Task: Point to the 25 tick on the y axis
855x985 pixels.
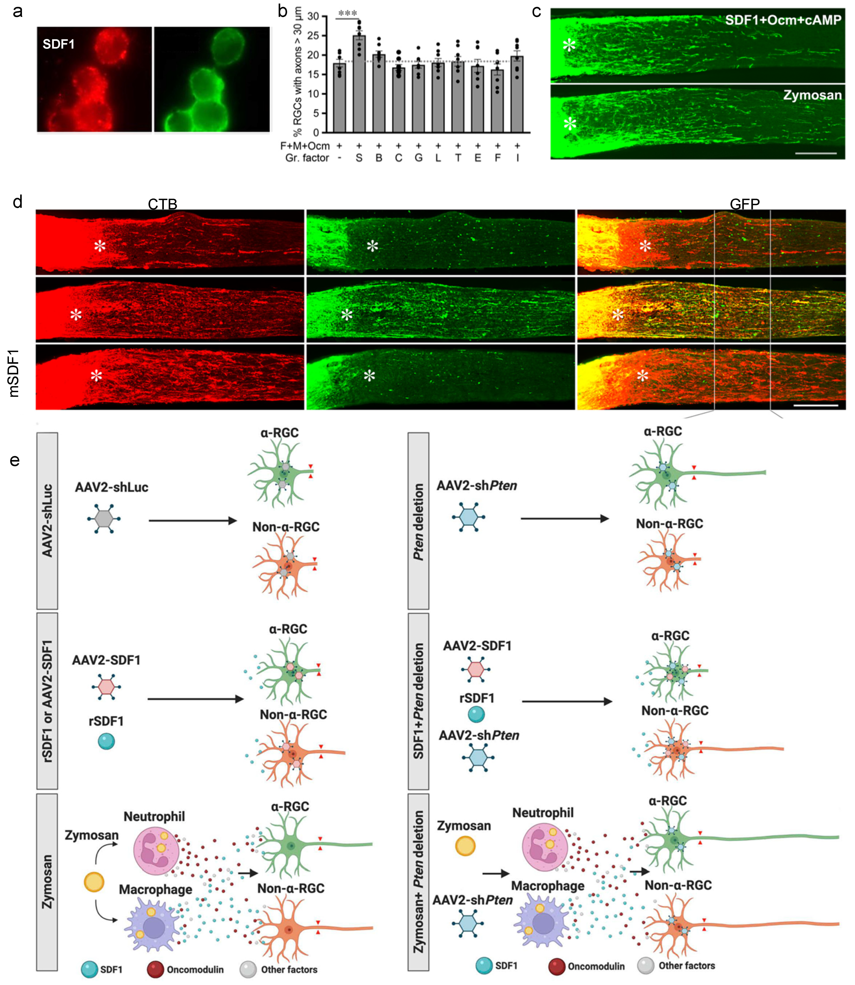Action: click(313, 36)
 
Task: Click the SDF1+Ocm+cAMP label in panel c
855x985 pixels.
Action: click(783, 20)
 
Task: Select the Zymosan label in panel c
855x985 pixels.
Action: click(812, 95)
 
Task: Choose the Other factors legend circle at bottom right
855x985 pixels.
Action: click(646, 966)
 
